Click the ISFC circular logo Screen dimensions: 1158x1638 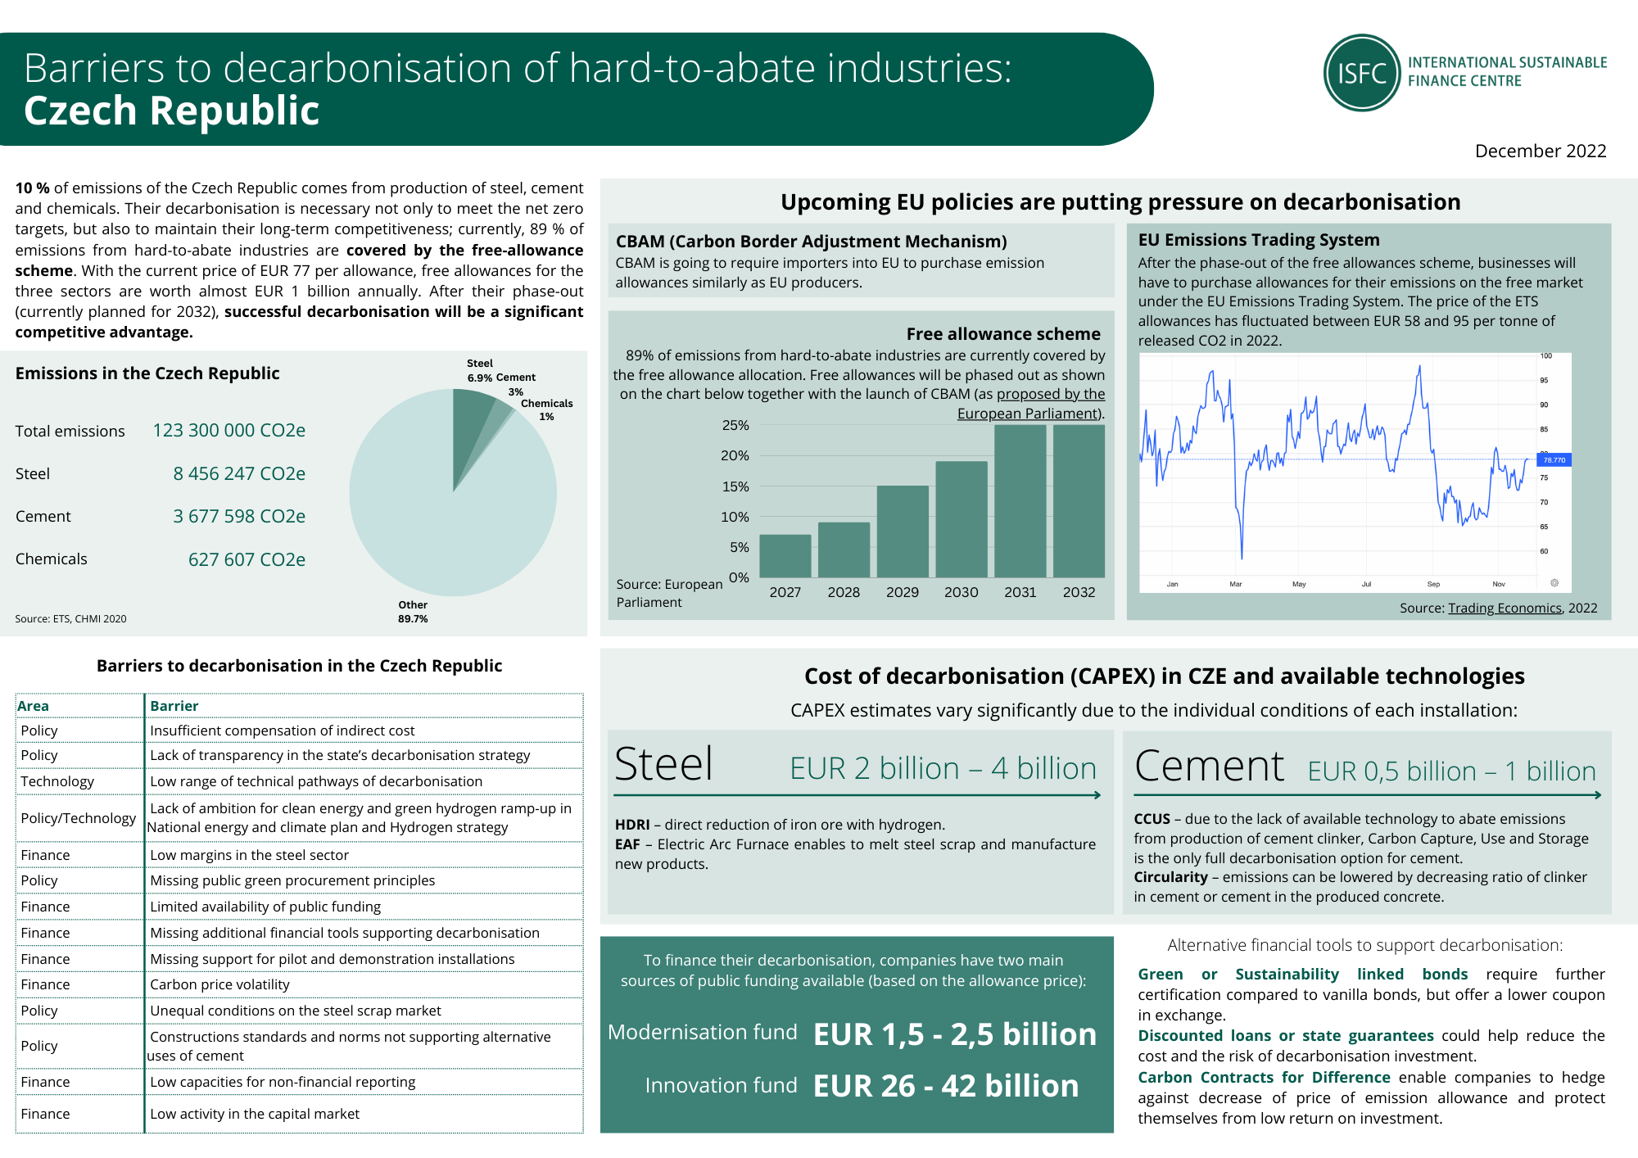click(1362, 73)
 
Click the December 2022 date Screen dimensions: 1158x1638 click(1540, 151)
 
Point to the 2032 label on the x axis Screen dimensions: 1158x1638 click(1079, 592)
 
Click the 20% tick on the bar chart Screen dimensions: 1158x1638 click(735, 455)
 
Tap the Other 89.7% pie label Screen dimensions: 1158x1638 click(413, 612)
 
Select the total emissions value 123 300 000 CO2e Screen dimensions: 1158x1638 click(229, 430)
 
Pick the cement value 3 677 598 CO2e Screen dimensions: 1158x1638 click(238, 516)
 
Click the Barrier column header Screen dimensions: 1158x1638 click(174, 706)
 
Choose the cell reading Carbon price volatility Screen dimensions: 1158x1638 click(219, 984)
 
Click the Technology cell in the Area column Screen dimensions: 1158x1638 click(57, 781)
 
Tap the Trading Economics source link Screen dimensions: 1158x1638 click(1505, 608)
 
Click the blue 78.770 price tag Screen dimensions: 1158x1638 click(1554, 460)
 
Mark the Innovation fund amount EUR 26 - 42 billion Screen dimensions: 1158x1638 click(946, 1086)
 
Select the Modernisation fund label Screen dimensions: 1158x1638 click(702, 1032)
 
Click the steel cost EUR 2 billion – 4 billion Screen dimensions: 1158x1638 click(943, 768)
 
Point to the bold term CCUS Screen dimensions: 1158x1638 click(1152, 819)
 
